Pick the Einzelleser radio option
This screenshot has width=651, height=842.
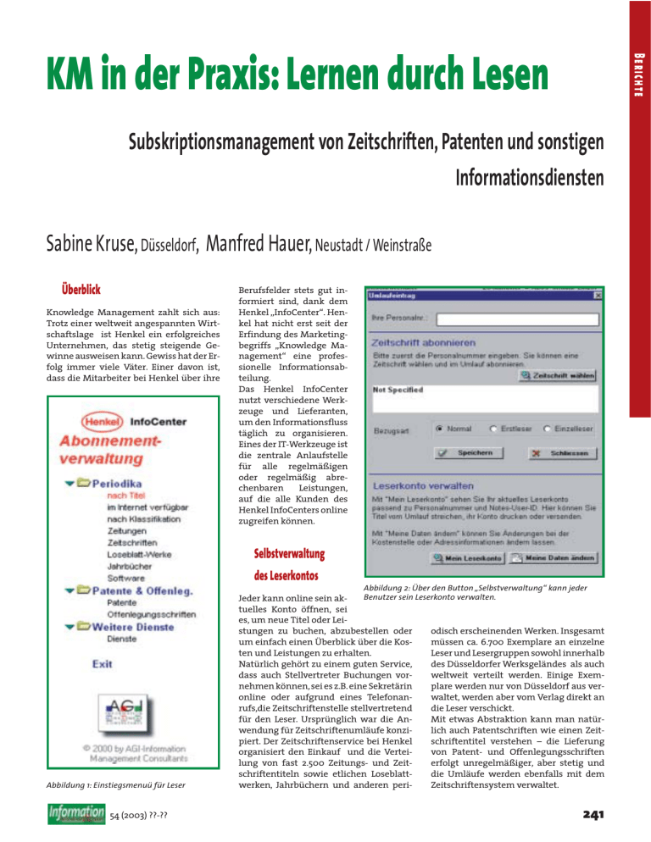click(548, 429)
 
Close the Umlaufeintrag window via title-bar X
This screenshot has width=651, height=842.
click(598, 296)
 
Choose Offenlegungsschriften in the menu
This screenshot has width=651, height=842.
click(152, 613)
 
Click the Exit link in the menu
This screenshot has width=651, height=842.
click(103, 664)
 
